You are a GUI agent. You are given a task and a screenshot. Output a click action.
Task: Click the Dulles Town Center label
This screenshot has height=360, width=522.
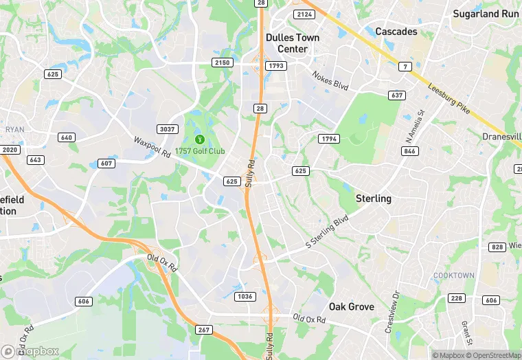coord(293,43)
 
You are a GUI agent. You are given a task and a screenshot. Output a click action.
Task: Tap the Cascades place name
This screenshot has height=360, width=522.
coord(396,32)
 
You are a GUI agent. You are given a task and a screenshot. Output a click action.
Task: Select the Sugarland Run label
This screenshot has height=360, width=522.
coord(486,14)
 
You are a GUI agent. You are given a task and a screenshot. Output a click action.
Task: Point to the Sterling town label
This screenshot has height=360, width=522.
coord(373,199)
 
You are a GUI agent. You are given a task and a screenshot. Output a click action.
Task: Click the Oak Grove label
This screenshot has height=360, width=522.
coord(351,306)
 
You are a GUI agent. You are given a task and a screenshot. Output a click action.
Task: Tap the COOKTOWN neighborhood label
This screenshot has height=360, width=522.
coord(453,275)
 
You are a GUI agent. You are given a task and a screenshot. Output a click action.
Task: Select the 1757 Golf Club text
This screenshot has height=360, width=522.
coord(200,151)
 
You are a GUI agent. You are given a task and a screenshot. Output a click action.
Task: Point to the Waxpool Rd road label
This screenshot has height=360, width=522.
coord(152,147)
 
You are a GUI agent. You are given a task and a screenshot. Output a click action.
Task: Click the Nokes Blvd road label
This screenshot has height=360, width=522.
coord(330,80)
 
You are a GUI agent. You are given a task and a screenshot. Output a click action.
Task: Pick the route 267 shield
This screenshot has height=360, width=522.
coord(204,330)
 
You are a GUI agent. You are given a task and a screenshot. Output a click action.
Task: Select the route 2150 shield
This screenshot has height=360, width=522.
coord(222,63)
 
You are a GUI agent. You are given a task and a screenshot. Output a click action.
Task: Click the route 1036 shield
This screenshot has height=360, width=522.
coord(245,296)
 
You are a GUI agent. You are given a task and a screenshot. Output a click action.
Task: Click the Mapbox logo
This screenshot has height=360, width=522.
coord(30,350)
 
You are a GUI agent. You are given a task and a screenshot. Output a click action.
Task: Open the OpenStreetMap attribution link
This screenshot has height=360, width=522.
coord(492,355)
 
